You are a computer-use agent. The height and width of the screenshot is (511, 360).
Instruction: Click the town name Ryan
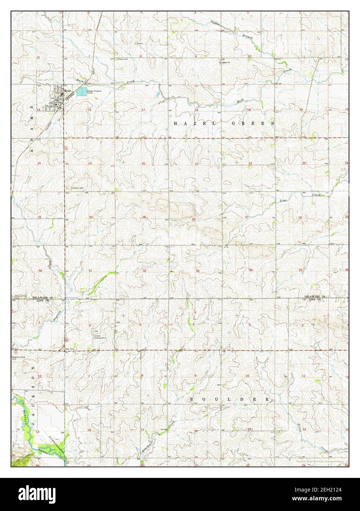pyautogui.click(x=68, y=90)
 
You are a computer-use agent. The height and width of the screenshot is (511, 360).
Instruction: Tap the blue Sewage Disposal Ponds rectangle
pyautogui.click(x=82, y=91)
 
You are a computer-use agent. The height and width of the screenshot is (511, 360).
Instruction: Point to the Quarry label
pyautogui.click(x=140, y=43)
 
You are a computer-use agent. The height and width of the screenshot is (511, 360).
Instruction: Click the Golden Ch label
pyautogui.click(x=225, y=62)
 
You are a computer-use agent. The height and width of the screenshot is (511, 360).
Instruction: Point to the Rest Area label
pyautogui.click(x=70, y=349)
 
